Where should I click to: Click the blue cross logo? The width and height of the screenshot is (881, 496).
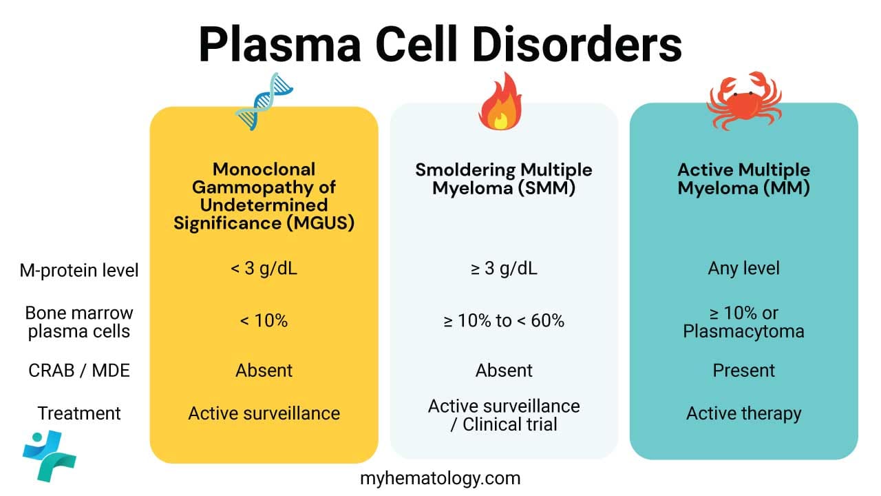point(49,455)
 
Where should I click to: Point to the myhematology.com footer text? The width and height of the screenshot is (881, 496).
point(440,477)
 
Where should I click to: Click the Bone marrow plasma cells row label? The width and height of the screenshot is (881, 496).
point(78,322)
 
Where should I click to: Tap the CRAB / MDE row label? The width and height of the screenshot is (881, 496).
point(78,371)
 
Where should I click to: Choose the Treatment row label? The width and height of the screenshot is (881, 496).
point(78,413)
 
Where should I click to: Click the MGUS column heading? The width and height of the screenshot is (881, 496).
point(264,196)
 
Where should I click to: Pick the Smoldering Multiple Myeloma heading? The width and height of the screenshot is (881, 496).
point(504,179)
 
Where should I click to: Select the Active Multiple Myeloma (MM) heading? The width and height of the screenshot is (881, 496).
point(743,179)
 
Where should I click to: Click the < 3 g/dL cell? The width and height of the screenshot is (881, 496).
point(264,269)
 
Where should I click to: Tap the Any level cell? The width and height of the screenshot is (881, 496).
point(743,268)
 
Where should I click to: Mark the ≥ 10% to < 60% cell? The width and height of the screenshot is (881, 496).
point(504,320)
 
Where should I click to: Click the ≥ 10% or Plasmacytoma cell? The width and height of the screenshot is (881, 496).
point(743,322)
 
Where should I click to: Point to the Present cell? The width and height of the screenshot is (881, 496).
point(743,371)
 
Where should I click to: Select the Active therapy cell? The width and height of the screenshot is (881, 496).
point(743,413)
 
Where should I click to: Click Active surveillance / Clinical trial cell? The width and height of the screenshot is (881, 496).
point(504,415)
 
